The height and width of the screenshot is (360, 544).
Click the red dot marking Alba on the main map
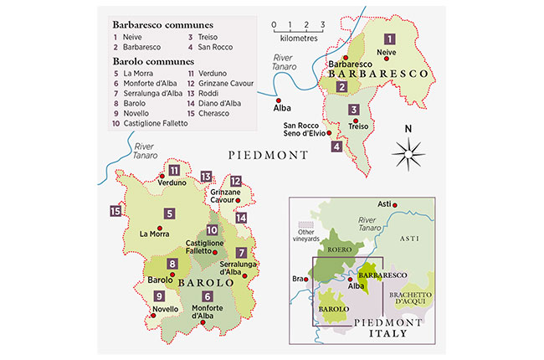[x=279, y=99]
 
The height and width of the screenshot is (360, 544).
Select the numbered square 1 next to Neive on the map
[x=389, y=39]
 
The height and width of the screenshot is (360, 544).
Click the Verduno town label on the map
[x=172, y=183]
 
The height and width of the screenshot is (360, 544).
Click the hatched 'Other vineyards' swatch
[x=307, y=227]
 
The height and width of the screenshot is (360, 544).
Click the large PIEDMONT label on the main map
[x=269, y=155]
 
